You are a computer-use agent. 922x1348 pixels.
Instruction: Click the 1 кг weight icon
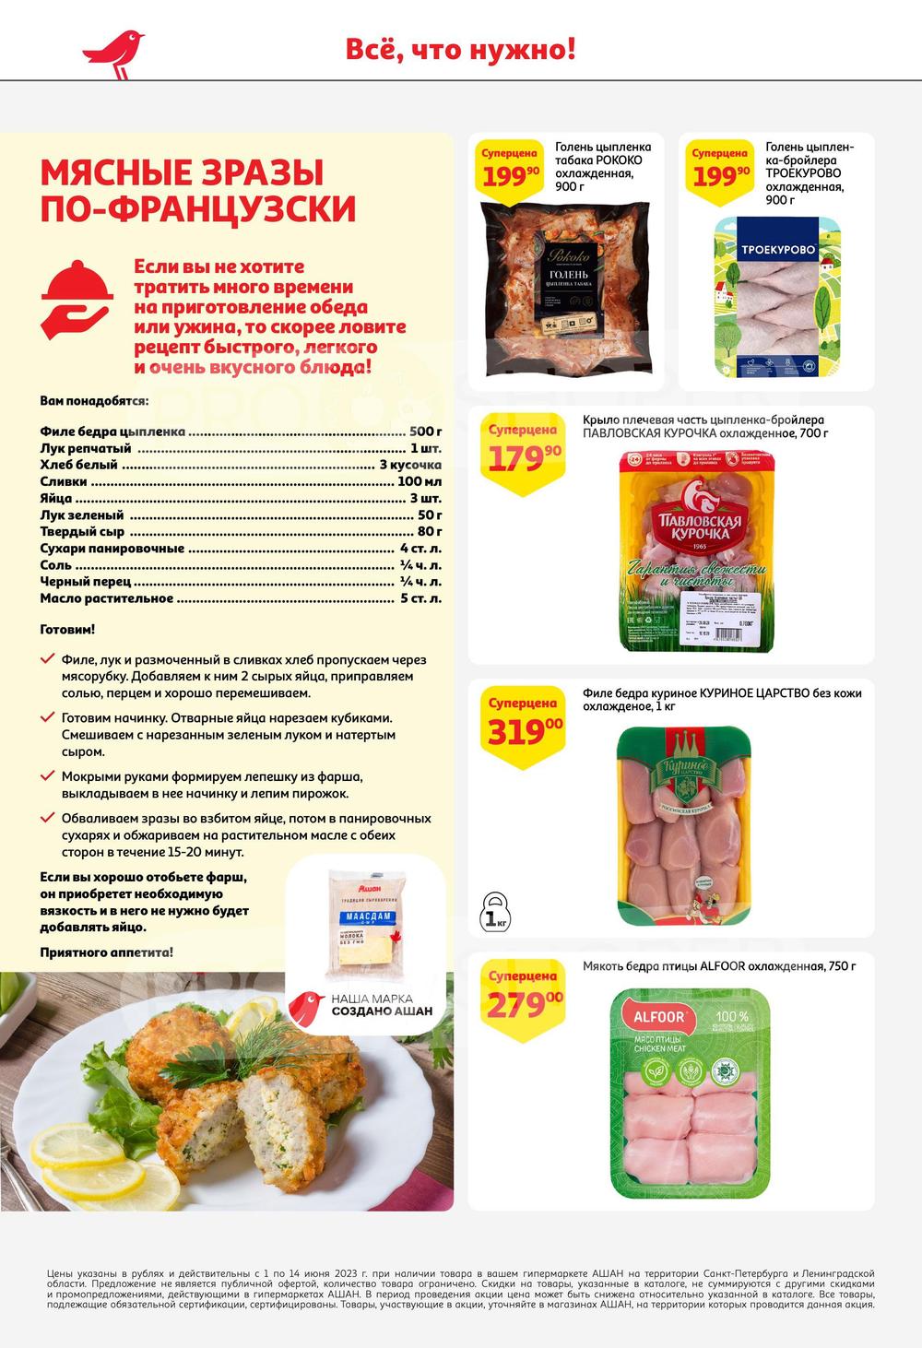(496, 911)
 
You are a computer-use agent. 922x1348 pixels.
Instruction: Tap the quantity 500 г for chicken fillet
(425, 432)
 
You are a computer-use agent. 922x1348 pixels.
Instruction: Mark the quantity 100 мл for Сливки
(420, 481)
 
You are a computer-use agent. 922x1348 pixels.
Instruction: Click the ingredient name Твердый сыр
(81, 531)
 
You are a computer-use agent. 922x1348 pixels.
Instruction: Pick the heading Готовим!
(67, 630)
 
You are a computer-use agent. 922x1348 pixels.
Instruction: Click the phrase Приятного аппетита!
(106, 952)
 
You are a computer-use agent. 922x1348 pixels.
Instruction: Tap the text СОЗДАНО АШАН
(381, 1011)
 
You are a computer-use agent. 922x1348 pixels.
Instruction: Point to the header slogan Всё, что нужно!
(460, 49)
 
